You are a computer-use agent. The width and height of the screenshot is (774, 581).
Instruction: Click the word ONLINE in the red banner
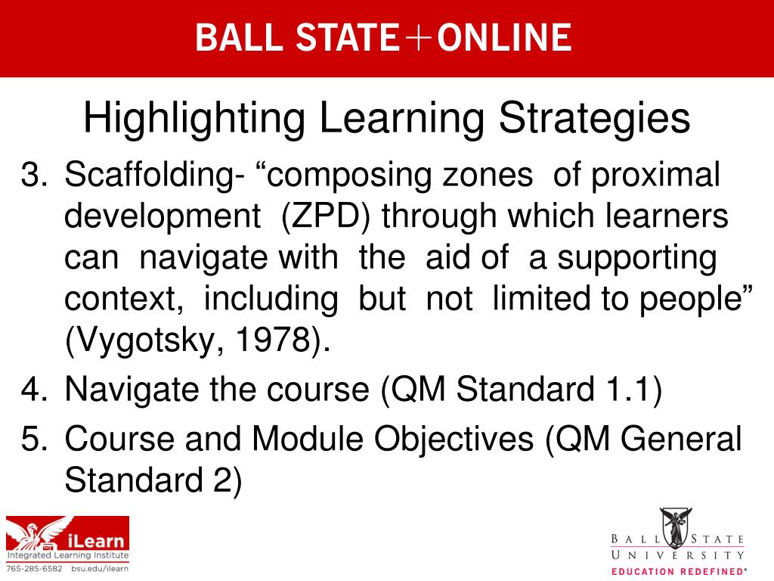tap(504, 38)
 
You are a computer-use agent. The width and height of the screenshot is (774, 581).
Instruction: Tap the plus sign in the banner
tap(417, 38)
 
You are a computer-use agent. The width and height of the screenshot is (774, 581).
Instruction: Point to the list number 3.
tap(34, 175)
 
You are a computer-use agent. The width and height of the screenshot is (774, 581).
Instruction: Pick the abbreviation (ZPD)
tap(325, 217)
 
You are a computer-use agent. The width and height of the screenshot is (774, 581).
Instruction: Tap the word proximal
tap(655, 176)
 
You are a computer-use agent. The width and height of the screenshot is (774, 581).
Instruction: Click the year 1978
tap(273, 340)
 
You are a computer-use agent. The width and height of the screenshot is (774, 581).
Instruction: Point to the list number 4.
tap(34, 389)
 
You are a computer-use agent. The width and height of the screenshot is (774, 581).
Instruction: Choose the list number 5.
tap(34, 439)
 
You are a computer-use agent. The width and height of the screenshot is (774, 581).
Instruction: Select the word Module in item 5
tap(307, 438)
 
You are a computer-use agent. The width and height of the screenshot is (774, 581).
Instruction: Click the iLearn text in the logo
tap(96, 540)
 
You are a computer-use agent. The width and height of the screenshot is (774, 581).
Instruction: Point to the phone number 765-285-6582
tap(35, 569)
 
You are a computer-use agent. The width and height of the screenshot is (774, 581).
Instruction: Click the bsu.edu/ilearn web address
tap(100, 569)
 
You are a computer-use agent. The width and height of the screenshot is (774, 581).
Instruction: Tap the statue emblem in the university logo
tap(676, 527)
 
